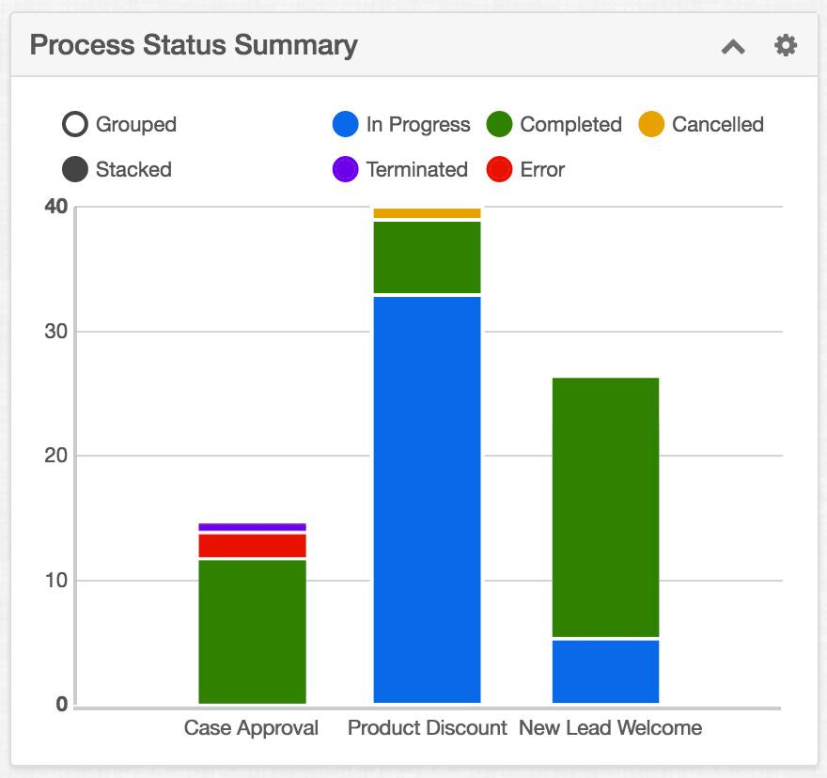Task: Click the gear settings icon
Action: pos(786,45)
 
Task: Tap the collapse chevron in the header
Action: pos(733,46)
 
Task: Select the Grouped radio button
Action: pos(75,124)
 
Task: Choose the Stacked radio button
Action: pos(75,170)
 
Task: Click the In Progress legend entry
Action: pos(401,124)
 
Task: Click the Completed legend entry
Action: pos(554,124)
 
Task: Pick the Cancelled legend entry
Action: pos(701,124)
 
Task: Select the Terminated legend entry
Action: pos(399,170)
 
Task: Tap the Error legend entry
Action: pos(525,170)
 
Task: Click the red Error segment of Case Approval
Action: pos(252,546)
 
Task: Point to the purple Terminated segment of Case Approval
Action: pos(252,527)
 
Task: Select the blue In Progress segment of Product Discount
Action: pos(427,499)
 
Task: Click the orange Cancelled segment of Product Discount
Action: pos(427,213)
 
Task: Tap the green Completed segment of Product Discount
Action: pos(427,257)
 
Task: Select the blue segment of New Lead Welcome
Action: pos(605,671)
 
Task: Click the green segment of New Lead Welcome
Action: pos(605,507)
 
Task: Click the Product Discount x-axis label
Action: pos(427,728)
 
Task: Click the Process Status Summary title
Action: pos(194,45)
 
